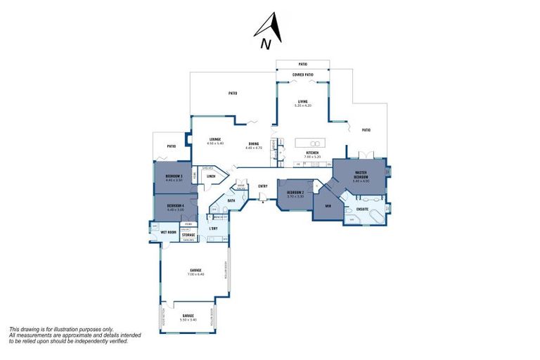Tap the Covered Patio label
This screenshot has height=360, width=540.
pyautogui.click(x=303, y=75)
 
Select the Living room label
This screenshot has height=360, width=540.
pyautogui.click(x=303, y=101)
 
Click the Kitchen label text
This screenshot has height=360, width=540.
pyautogui.click(x=313, y=152)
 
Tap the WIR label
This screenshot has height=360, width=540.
pyautogui.click(x=328, y=206)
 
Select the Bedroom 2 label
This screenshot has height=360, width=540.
pyautogui.click(x=295, y=192)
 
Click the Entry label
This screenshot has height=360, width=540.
pyautogui.click(x=263, y=186)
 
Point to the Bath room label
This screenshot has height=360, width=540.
pyautogui.click(x=231, y=201)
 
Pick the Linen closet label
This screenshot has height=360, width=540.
pyautogui.click(x=211, y=176)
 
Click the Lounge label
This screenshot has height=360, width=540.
pyautogui.click(x=215, y=139)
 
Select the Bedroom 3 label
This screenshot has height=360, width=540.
pyautogui.click(x=174, y=176)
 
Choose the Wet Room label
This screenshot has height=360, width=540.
pyautogui.click(x=168, y=231)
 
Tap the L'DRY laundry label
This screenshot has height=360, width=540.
pyautogui.click(x=213, y=229)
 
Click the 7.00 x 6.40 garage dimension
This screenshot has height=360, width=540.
pyautogui.click(x=195, y=274)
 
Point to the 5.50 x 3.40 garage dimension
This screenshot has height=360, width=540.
pyautogui.click(x=188, y=319)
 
